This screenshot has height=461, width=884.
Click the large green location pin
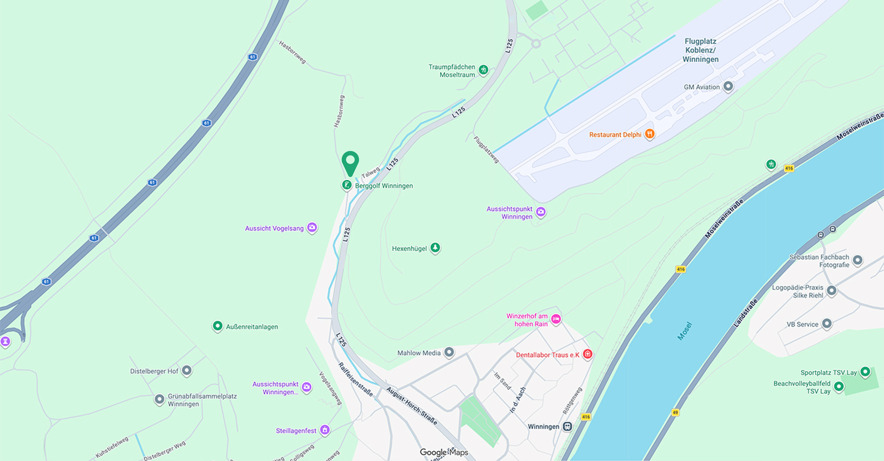350,162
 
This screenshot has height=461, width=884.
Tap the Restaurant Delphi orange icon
649,134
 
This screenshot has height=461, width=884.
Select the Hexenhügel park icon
435,248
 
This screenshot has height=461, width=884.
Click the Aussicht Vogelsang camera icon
312,228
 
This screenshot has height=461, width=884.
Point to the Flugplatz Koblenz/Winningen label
701,50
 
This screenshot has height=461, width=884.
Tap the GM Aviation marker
728,86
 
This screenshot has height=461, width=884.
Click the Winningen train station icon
568,427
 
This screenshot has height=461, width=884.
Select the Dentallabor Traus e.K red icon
587,354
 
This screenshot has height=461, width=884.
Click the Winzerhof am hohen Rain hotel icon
556,319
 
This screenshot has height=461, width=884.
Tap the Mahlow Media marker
449,352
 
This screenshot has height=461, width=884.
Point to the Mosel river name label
685,331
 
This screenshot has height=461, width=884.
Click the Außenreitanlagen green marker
217,326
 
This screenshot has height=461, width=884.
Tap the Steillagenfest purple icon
325,430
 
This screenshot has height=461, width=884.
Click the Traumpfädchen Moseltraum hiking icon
484,69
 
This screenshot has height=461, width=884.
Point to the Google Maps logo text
444,452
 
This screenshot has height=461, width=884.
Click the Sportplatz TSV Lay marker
865,372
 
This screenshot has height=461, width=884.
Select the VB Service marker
827,324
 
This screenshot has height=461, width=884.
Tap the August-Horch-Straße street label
412,406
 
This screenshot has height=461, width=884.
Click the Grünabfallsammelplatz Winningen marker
160,399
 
